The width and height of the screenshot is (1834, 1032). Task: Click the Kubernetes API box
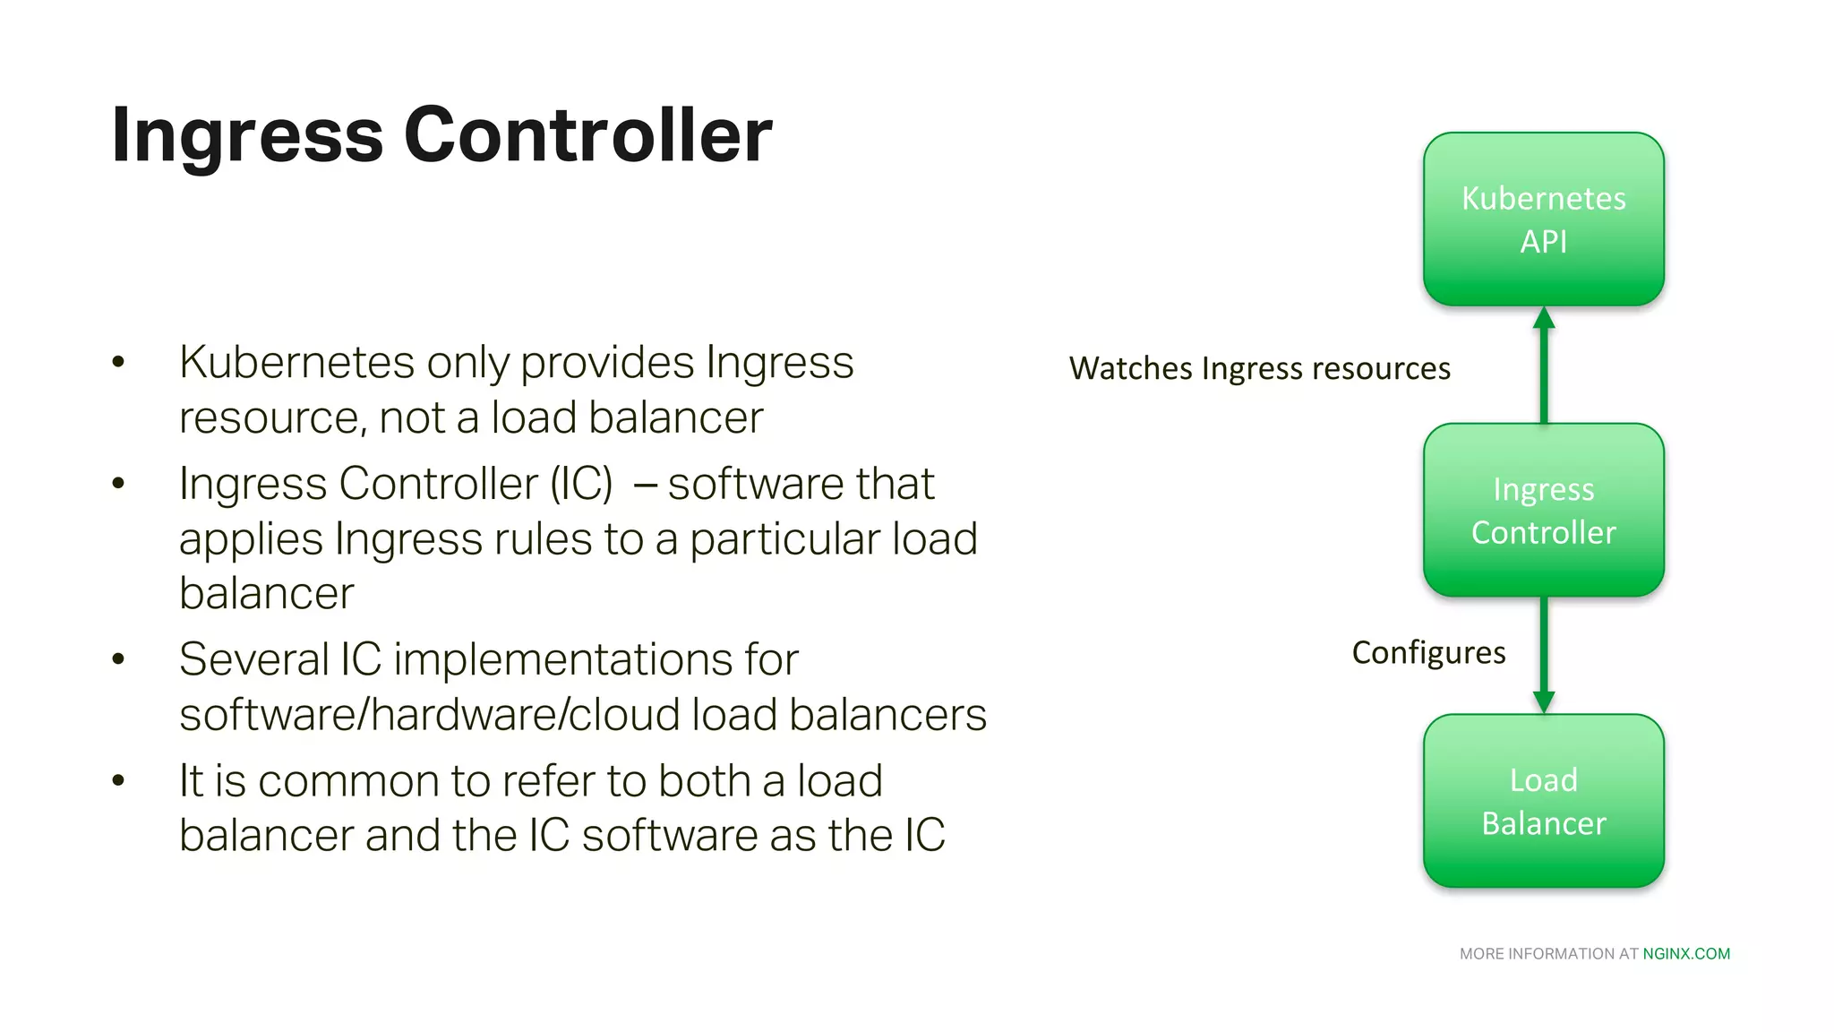1543,219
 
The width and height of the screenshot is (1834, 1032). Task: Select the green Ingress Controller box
1543,510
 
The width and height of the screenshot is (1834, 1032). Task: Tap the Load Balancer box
1543,801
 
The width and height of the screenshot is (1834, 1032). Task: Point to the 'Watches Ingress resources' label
1259,368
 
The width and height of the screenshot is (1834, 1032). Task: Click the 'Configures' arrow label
1428,652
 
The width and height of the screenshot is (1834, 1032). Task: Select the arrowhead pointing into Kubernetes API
1544,318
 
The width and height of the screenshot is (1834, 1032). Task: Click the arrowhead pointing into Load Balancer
1544,701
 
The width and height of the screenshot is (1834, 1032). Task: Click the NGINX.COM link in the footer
1686,954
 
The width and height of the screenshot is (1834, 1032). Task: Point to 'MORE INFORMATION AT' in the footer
1548,954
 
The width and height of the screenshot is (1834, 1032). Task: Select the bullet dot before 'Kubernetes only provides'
118,362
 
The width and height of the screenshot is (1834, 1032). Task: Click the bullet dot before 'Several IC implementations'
118,659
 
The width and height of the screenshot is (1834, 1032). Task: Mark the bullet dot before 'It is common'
118,780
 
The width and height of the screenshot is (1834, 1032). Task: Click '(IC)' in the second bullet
581,484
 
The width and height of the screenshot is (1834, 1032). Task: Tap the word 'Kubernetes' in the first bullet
296,362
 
